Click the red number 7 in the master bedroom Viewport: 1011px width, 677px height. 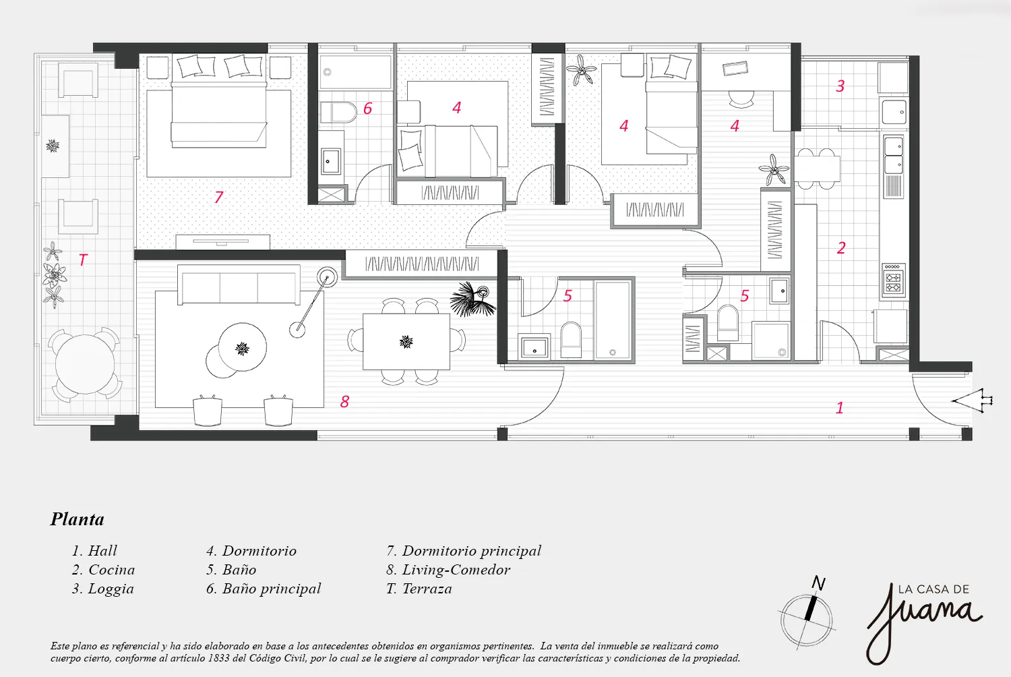pos(218,197)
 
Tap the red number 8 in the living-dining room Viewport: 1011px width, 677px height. pos(345,401)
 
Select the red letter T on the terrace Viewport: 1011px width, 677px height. pos(83,260)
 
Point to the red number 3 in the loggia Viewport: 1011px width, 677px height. pos(840,86)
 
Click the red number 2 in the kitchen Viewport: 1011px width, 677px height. pos(841,247)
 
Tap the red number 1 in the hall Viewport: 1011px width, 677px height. pos(840,408)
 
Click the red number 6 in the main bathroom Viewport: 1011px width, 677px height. pos(368,109)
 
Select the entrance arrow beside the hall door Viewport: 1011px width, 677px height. pos(972,401)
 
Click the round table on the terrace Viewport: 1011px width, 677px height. pos(84,364)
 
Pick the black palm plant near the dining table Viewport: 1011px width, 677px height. pos(472,299)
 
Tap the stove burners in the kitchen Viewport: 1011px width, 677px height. pos(894,281)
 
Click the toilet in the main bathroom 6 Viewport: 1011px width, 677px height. pos(339,113)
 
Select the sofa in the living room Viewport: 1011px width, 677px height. pos(239,285)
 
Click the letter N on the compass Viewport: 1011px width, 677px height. pos(819,583)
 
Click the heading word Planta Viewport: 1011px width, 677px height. pos(78,519)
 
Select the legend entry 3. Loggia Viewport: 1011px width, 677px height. pos(103,589)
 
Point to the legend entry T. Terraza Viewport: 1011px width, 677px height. pos(419,589)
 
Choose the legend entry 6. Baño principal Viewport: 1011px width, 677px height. pos(264,589)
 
